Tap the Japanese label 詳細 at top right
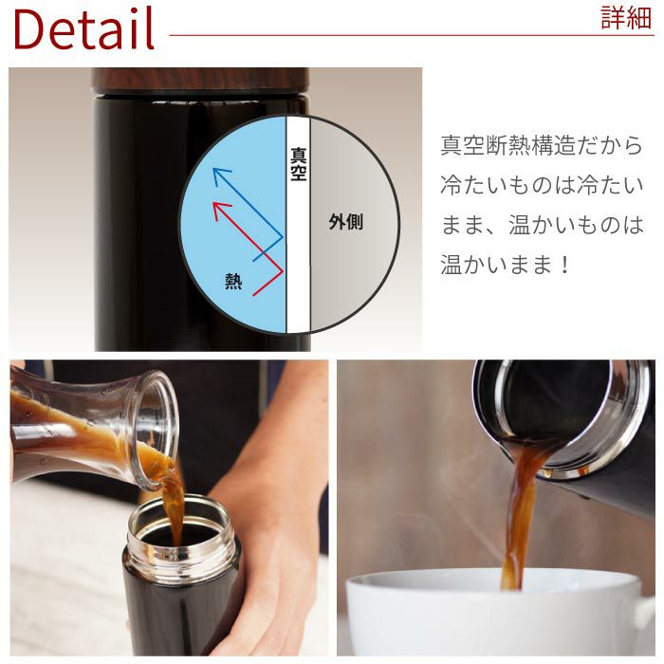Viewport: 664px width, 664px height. [x=626, y=19]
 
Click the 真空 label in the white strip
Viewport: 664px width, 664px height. [x=298, y=161]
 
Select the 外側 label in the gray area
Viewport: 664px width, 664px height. [x=345, y=223]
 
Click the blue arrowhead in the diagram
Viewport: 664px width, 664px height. [x=216, y=174]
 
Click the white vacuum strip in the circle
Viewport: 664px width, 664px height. [x=298, y=266]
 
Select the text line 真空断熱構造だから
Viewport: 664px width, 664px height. [x=542, y=146]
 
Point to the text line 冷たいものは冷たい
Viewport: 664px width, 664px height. [x=542, y=186]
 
